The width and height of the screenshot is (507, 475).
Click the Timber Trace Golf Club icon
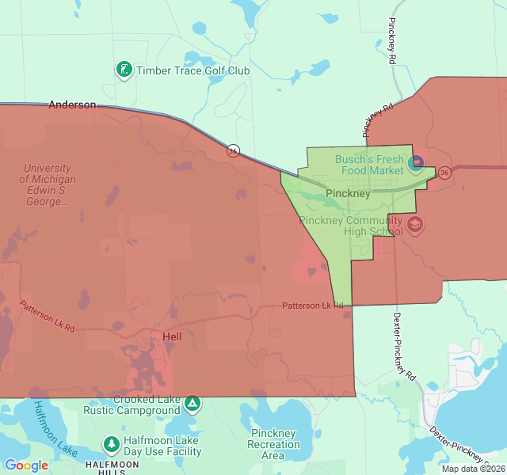pos(124,70)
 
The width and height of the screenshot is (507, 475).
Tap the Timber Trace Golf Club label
pos(193,70)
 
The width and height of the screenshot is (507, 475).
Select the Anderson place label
pos(72,104)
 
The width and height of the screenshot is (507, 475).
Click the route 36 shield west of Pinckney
pos(233,150)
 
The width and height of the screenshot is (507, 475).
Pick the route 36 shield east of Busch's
pos(444,172)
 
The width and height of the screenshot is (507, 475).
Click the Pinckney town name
pos(348,193)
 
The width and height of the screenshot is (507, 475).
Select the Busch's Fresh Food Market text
pos(369,165)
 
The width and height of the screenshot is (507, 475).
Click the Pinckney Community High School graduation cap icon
pos(414,226)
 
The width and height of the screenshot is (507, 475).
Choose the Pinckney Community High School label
pos(351,226)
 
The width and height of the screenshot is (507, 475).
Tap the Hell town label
pos(172,336)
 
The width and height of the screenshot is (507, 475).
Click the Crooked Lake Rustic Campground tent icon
pos(192,405)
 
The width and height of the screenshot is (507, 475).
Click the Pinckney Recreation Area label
pos(273,444)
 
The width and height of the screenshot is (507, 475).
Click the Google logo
pos(26,465)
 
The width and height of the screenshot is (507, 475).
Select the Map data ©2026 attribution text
pos(472,469)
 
